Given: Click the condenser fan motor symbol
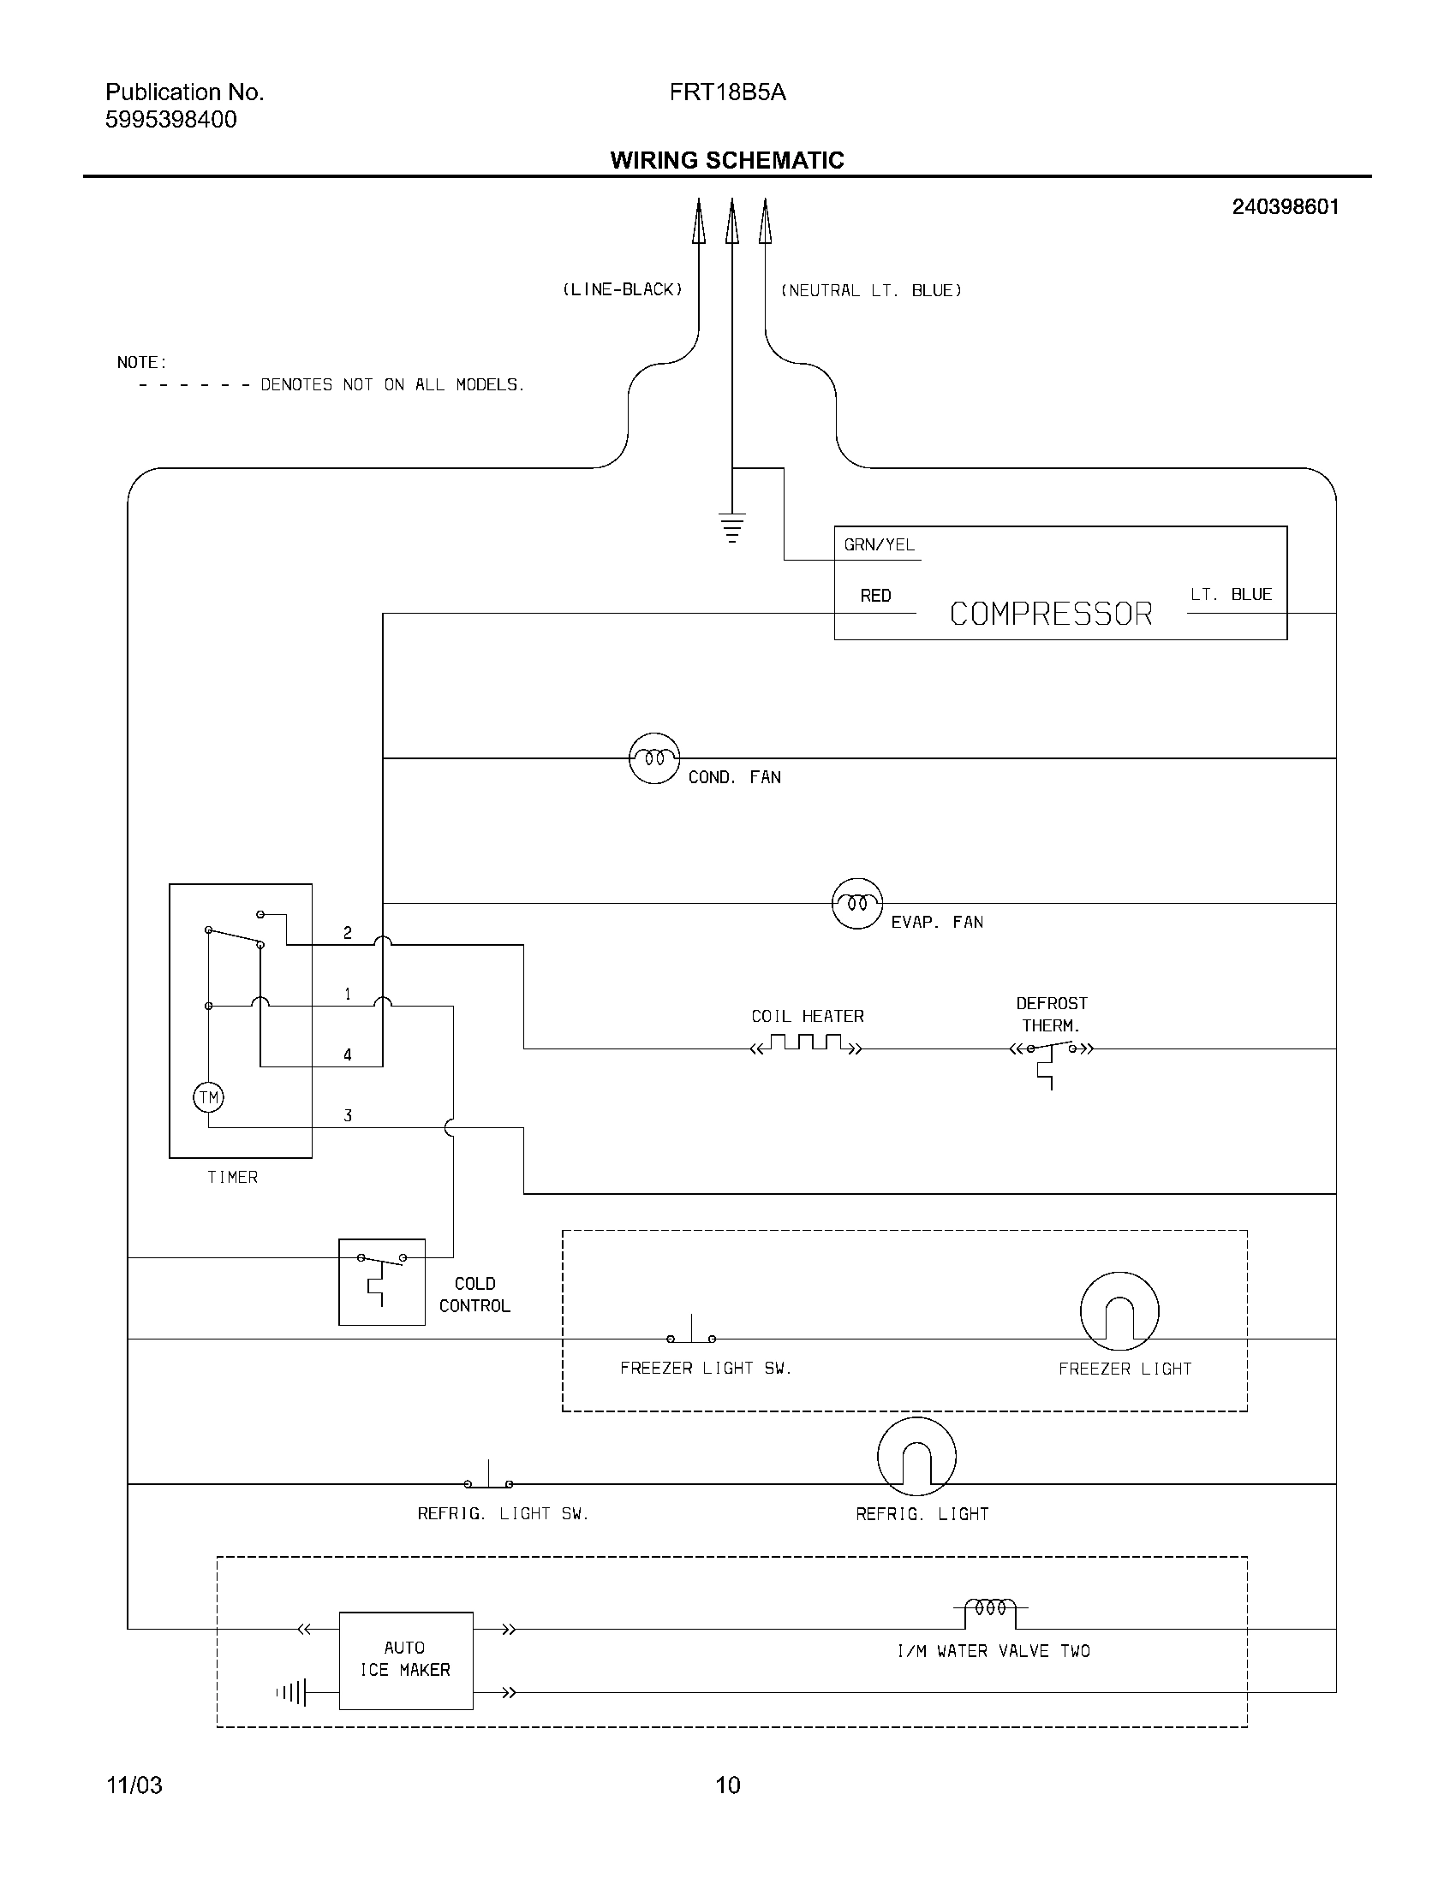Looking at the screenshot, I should (x=653, y=758).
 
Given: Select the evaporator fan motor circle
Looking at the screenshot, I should (x=856, y=904).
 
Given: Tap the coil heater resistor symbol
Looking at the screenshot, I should (x=807, y=1045).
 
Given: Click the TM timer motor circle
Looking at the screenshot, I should (x=208, y=1097).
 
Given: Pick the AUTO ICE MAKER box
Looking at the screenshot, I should (x=405, y=1660).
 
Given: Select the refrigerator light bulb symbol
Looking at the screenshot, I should (x=916, y=1456).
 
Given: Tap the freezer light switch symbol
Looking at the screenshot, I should (x=691, y=1334).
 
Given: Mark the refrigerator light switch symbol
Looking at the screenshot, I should (x=488, y=1479).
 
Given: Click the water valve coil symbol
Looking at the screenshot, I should (x=989, y=1609).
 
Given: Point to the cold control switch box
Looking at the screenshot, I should (x=381, y=1282).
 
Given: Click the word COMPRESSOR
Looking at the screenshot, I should (x=1051, y=614).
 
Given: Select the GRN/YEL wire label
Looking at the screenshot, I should (x=878, y=545).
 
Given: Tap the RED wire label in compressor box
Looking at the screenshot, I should (x=875, y=596).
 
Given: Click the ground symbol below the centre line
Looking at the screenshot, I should (x=731, y=526).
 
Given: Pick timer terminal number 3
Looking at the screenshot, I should (x=348, y=1115).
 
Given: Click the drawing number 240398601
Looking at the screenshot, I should (x=1286, y=207).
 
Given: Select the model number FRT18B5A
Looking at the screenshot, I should (x=727, y=93).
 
